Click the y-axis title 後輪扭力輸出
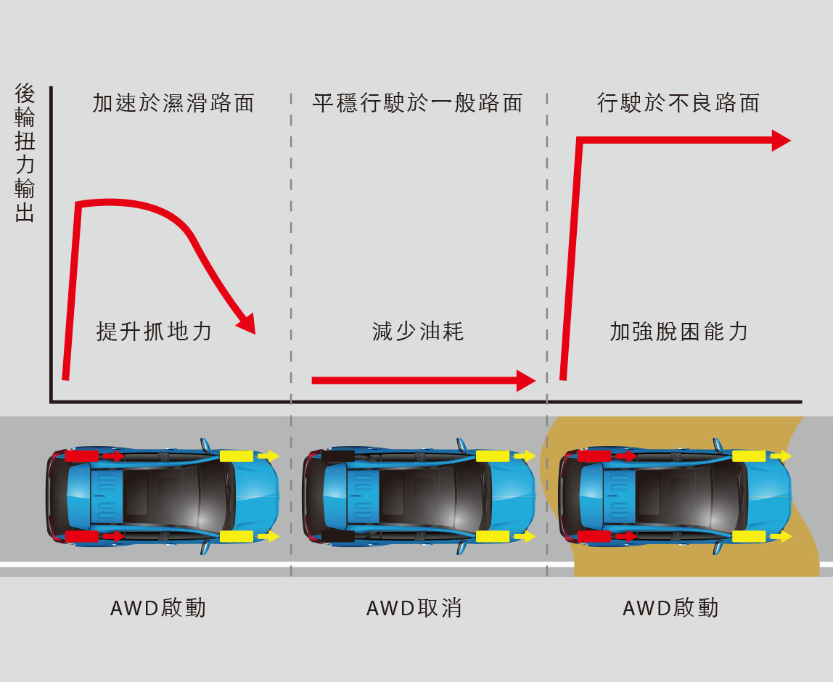click(25, 153)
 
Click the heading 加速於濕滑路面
click(173, 103)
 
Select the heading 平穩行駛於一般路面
click(417, 103)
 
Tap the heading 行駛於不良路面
click(678, 103)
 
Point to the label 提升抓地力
click(154, 332)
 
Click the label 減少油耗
click(417, 332)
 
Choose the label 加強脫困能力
click(678, 332)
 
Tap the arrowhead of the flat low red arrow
click(525, 380)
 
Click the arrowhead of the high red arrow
click(781, 141)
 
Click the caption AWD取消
click(414, 608)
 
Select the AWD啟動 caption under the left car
click(158, 608)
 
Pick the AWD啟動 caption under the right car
click(670, 608)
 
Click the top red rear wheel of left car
click(81, 456)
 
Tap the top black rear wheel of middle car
click(337, 456)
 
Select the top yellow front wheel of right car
click(749, 456)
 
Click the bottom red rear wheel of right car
click(594, 537)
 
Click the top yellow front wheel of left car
click(237, 456)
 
